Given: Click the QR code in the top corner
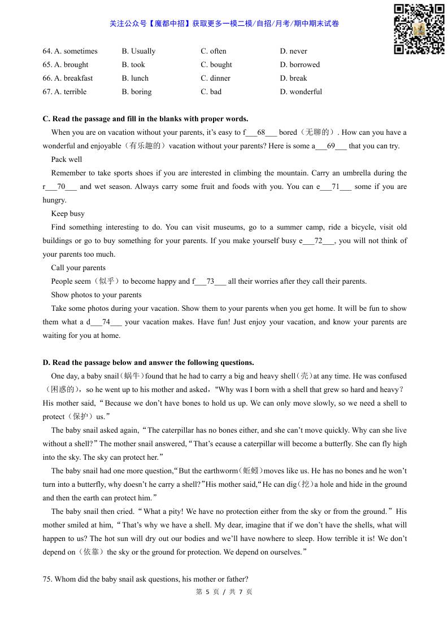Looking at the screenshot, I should click(419, 29).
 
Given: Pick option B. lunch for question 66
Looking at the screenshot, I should click(135, 78).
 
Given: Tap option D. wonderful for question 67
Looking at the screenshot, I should click(301, 92).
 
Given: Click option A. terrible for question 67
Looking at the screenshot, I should click(64, 92).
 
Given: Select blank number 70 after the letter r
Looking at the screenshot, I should click(62, 187).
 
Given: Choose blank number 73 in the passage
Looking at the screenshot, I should click(210, 282).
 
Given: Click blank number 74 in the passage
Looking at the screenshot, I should click(106, 322).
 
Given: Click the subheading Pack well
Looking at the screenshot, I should click(67, 160).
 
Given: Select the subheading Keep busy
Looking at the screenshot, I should click(68, 214).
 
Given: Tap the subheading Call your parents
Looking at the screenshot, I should click(78, 268).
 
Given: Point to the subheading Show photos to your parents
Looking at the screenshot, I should click(96, 295).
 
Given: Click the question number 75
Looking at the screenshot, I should click(47, 579).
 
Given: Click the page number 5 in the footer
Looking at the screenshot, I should click(207, 592).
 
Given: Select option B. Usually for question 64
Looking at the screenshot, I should click(138, 51).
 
